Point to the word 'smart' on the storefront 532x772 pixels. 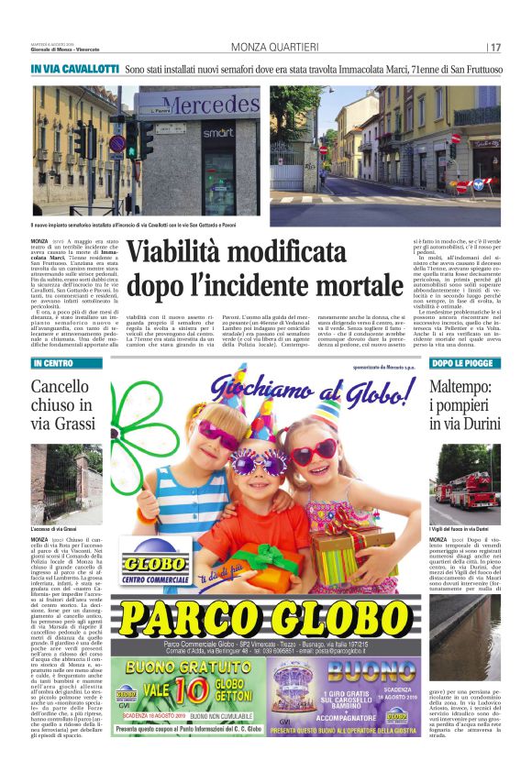tap(217, 133)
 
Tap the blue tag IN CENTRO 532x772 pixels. tap(53, 364)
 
